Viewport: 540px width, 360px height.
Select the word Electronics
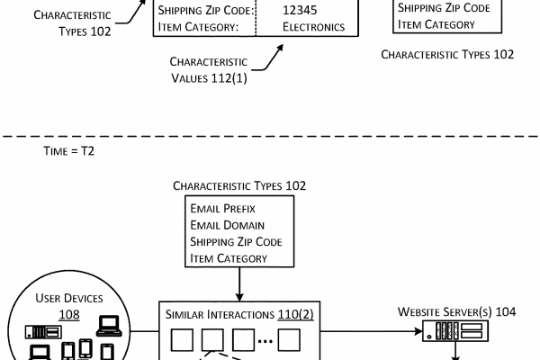(x=313, y=27)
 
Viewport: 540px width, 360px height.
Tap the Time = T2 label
(x=68, y=151)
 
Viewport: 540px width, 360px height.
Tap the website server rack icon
(x=458, y=335)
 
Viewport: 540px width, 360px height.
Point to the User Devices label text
(x=69, y=298)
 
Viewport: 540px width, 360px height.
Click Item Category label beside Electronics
(x=195, y=27)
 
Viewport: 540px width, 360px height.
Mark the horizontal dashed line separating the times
(x=270, y=135)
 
